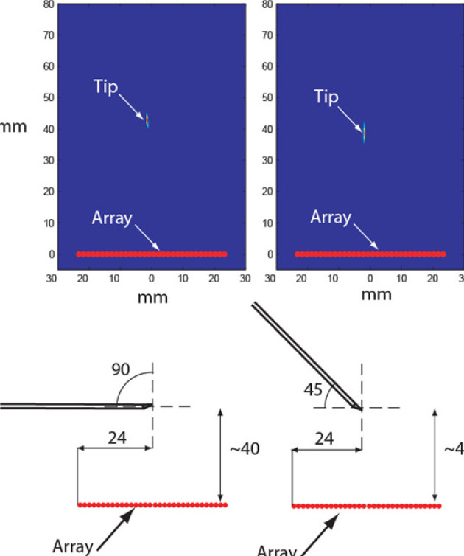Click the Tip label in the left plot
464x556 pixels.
[x=106, y=87]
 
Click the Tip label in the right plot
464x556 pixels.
[x=327, y=97]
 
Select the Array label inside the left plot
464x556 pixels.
[x=112, y=218]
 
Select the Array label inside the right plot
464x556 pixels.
[x=331, y=218]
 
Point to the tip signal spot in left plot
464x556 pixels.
[x=147, y=120]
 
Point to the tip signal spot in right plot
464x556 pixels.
[x=364, y=131]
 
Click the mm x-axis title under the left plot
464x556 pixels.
[x=153, y=297]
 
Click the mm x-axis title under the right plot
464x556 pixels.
[x=377, y=294]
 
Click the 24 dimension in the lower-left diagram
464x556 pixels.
[x=115, y=437]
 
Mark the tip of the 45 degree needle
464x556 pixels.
[x=359, y=407]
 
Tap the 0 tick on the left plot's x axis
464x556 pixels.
[x=152, y=280]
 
